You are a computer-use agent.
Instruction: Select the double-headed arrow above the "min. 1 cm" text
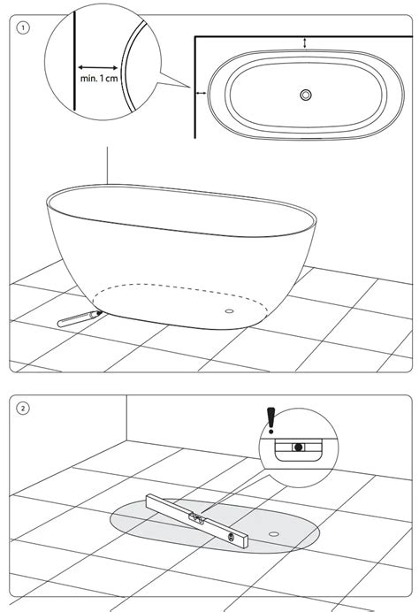pyautogui.click(x=97, y=65)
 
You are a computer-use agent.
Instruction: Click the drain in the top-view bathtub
pyautogui.click(x=306, y=94)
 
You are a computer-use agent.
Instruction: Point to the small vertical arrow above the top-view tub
pyautogui.click(x=305, y=42)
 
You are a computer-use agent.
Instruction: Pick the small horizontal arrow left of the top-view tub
pyautogui.click(x=202, y=92)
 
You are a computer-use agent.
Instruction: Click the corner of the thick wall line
pyautogui.click(x=194, y=36)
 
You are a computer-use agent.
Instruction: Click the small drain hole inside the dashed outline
pyautogui.click(x=232, y=310)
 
